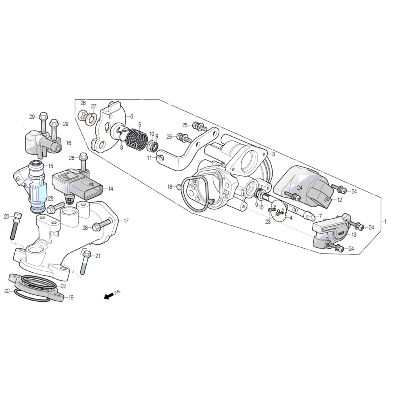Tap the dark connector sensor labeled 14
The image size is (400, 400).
click(81, 184)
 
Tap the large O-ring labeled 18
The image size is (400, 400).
click(196, 189)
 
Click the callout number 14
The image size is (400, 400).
click(111, 189)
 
